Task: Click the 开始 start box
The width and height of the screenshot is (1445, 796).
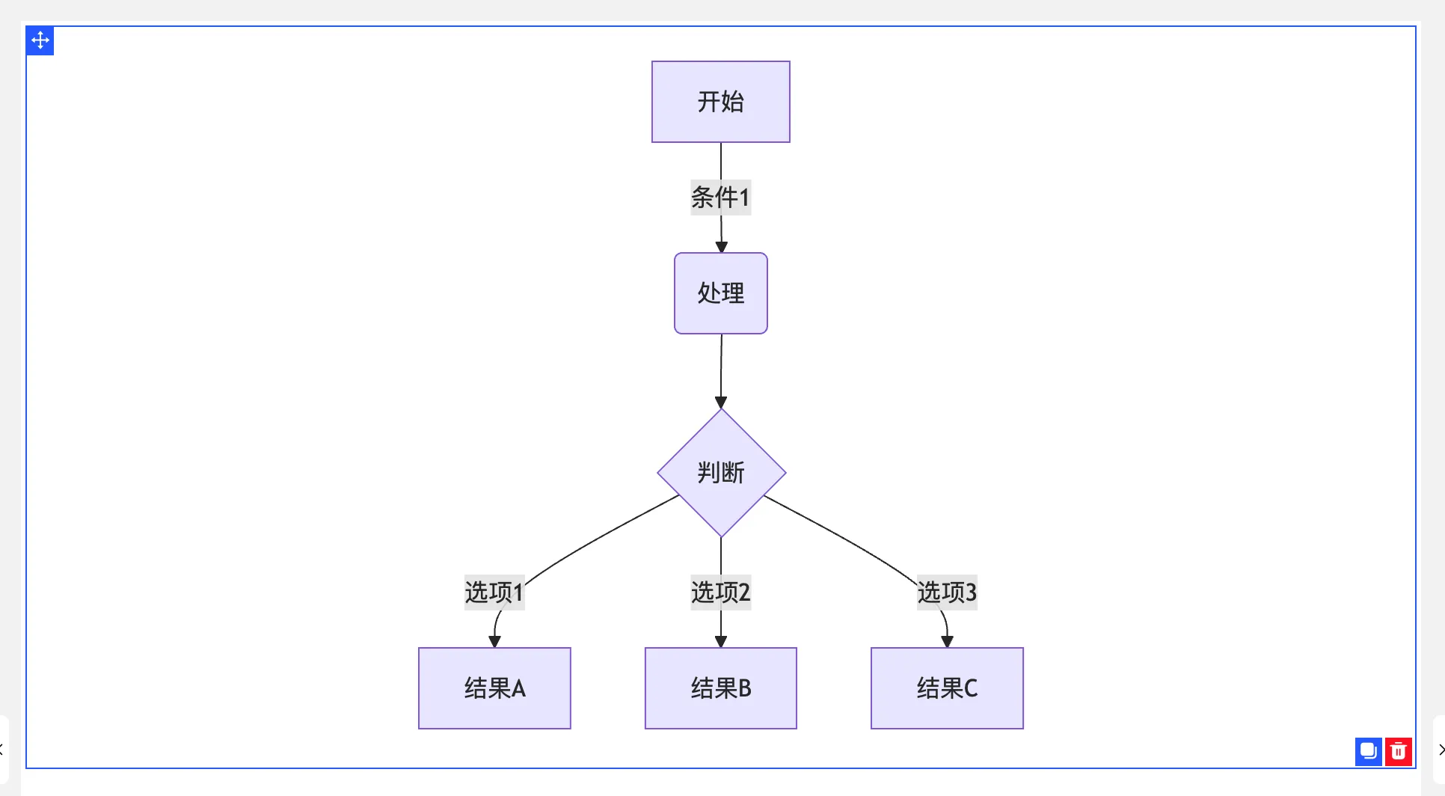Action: coord(720,102)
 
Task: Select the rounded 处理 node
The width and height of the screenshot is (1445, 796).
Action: coord(720,293)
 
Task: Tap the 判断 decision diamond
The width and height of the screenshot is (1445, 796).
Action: coord(721,473)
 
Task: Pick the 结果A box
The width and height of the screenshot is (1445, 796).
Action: coord(494,688)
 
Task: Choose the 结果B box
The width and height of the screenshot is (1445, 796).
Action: coord(720,688)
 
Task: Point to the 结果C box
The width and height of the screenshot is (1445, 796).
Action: coord(947,688)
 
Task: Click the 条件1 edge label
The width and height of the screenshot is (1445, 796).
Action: coord(720,198)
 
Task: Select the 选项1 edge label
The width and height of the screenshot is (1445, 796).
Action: coord(494,593)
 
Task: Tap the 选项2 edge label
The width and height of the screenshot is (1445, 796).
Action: coord(720,593)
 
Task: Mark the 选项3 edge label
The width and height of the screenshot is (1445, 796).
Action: coord(947,593)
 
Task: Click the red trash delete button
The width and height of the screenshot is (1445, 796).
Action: coord(1398,751)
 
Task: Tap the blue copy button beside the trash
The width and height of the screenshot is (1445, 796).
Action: coord(1368,751)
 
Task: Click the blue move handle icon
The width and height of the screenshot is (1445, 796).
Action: coord(40,40)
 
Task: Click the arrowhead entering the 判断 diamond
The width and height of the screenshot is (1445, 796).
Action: coord(721,403)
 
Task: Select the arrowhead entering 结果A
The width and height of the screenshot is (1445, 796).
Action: coord(494,642)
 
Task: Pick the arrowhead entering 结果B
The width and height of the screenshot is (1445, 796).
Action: coord(721,642)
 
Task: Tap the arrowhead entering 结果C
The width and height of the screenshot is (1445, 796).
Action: coord(947,642)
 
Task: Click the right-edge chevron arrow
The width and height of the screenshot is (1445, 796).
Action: coord(1441,750)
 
